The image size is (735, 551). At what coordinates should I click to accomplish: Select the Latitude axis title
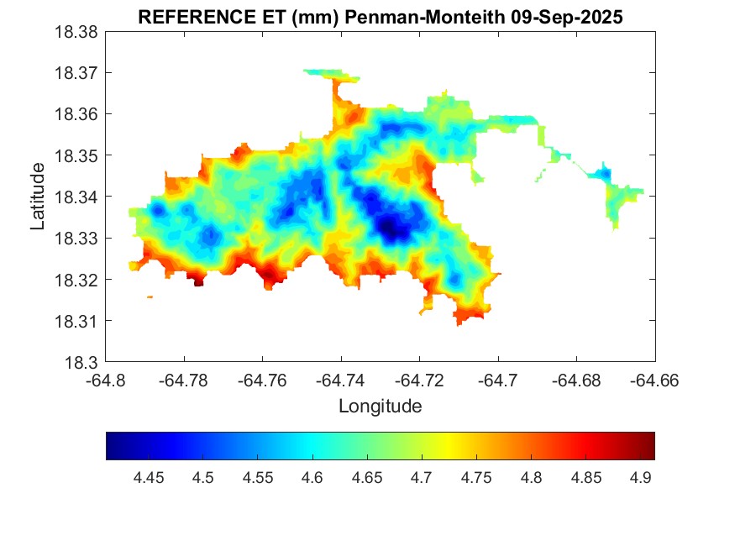coord(37,197)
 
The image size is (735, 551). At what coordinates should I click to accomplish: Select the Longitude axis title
coord(380,407)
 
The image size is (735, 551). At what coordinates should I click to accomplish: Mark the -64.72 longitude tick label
coord(419,380)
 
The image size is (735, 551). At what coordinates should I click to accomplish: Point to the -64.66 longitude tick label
coord(655,380)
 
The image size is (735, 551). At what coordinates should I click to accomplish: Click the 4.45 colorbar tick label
coord(149,478)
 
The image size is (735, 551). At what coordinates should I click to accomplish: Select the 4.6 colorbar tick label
coord(312,478)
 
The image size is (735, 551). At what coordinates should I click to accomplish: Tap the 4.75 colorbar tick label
coord(476,478)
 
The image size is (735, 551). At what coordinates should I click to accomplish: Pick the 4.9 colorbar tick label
coord(640,478)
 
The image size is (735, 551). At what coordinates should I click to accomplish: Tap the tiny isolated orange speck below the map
coord(150,296)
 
